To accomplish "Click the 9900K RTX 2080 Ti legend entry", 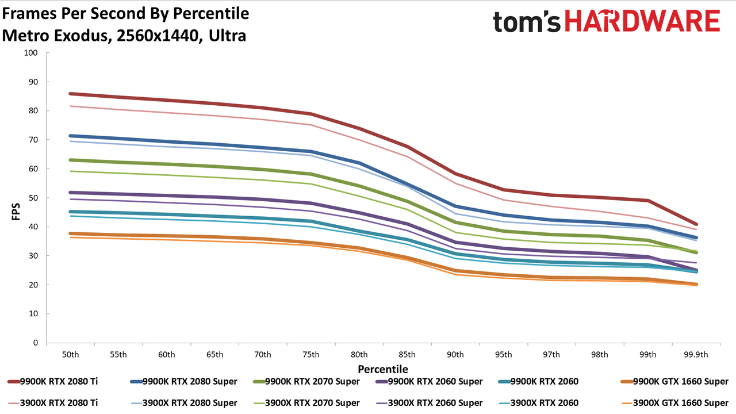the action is tap(52, 381).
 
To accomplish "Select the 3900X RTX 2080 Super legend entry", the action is tap(183, 403).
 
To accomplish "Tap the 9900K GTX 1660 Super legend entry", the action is tap(674, 381).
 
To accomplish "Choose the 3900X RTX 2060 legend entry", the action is tap(539, 403).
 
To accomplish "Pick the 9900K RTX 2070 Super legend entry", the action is tap(306, 381).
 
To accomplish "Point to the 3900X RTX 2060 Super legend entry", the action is tap(429, 403).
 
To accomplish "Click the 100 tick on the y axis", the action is tap(30, 52).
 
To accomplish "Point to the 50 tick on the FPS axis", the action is tap(33, 198).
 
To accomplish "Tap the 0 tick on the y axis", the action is tap(36, 343).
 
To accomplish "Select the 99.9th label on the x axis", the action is tap(696, 355).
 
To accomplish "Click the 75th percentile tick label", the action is tap(311, 355).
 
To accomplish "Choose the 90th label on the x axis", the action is tap(455, 355).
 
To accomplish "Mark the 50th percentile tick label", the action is tap(70, 355).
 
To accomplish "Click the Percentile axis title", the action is tap(383, 369).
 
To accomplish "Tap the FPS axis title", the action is tap(16, 212).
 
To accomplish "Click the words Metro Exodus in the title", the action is tap(55, 36).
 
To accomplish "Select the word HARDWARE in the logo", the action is tap(642, 21).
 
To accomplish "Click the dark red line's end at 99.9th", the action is tap(696, 224).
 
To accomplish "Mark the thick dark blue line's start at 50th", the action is tap(70, 136).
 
